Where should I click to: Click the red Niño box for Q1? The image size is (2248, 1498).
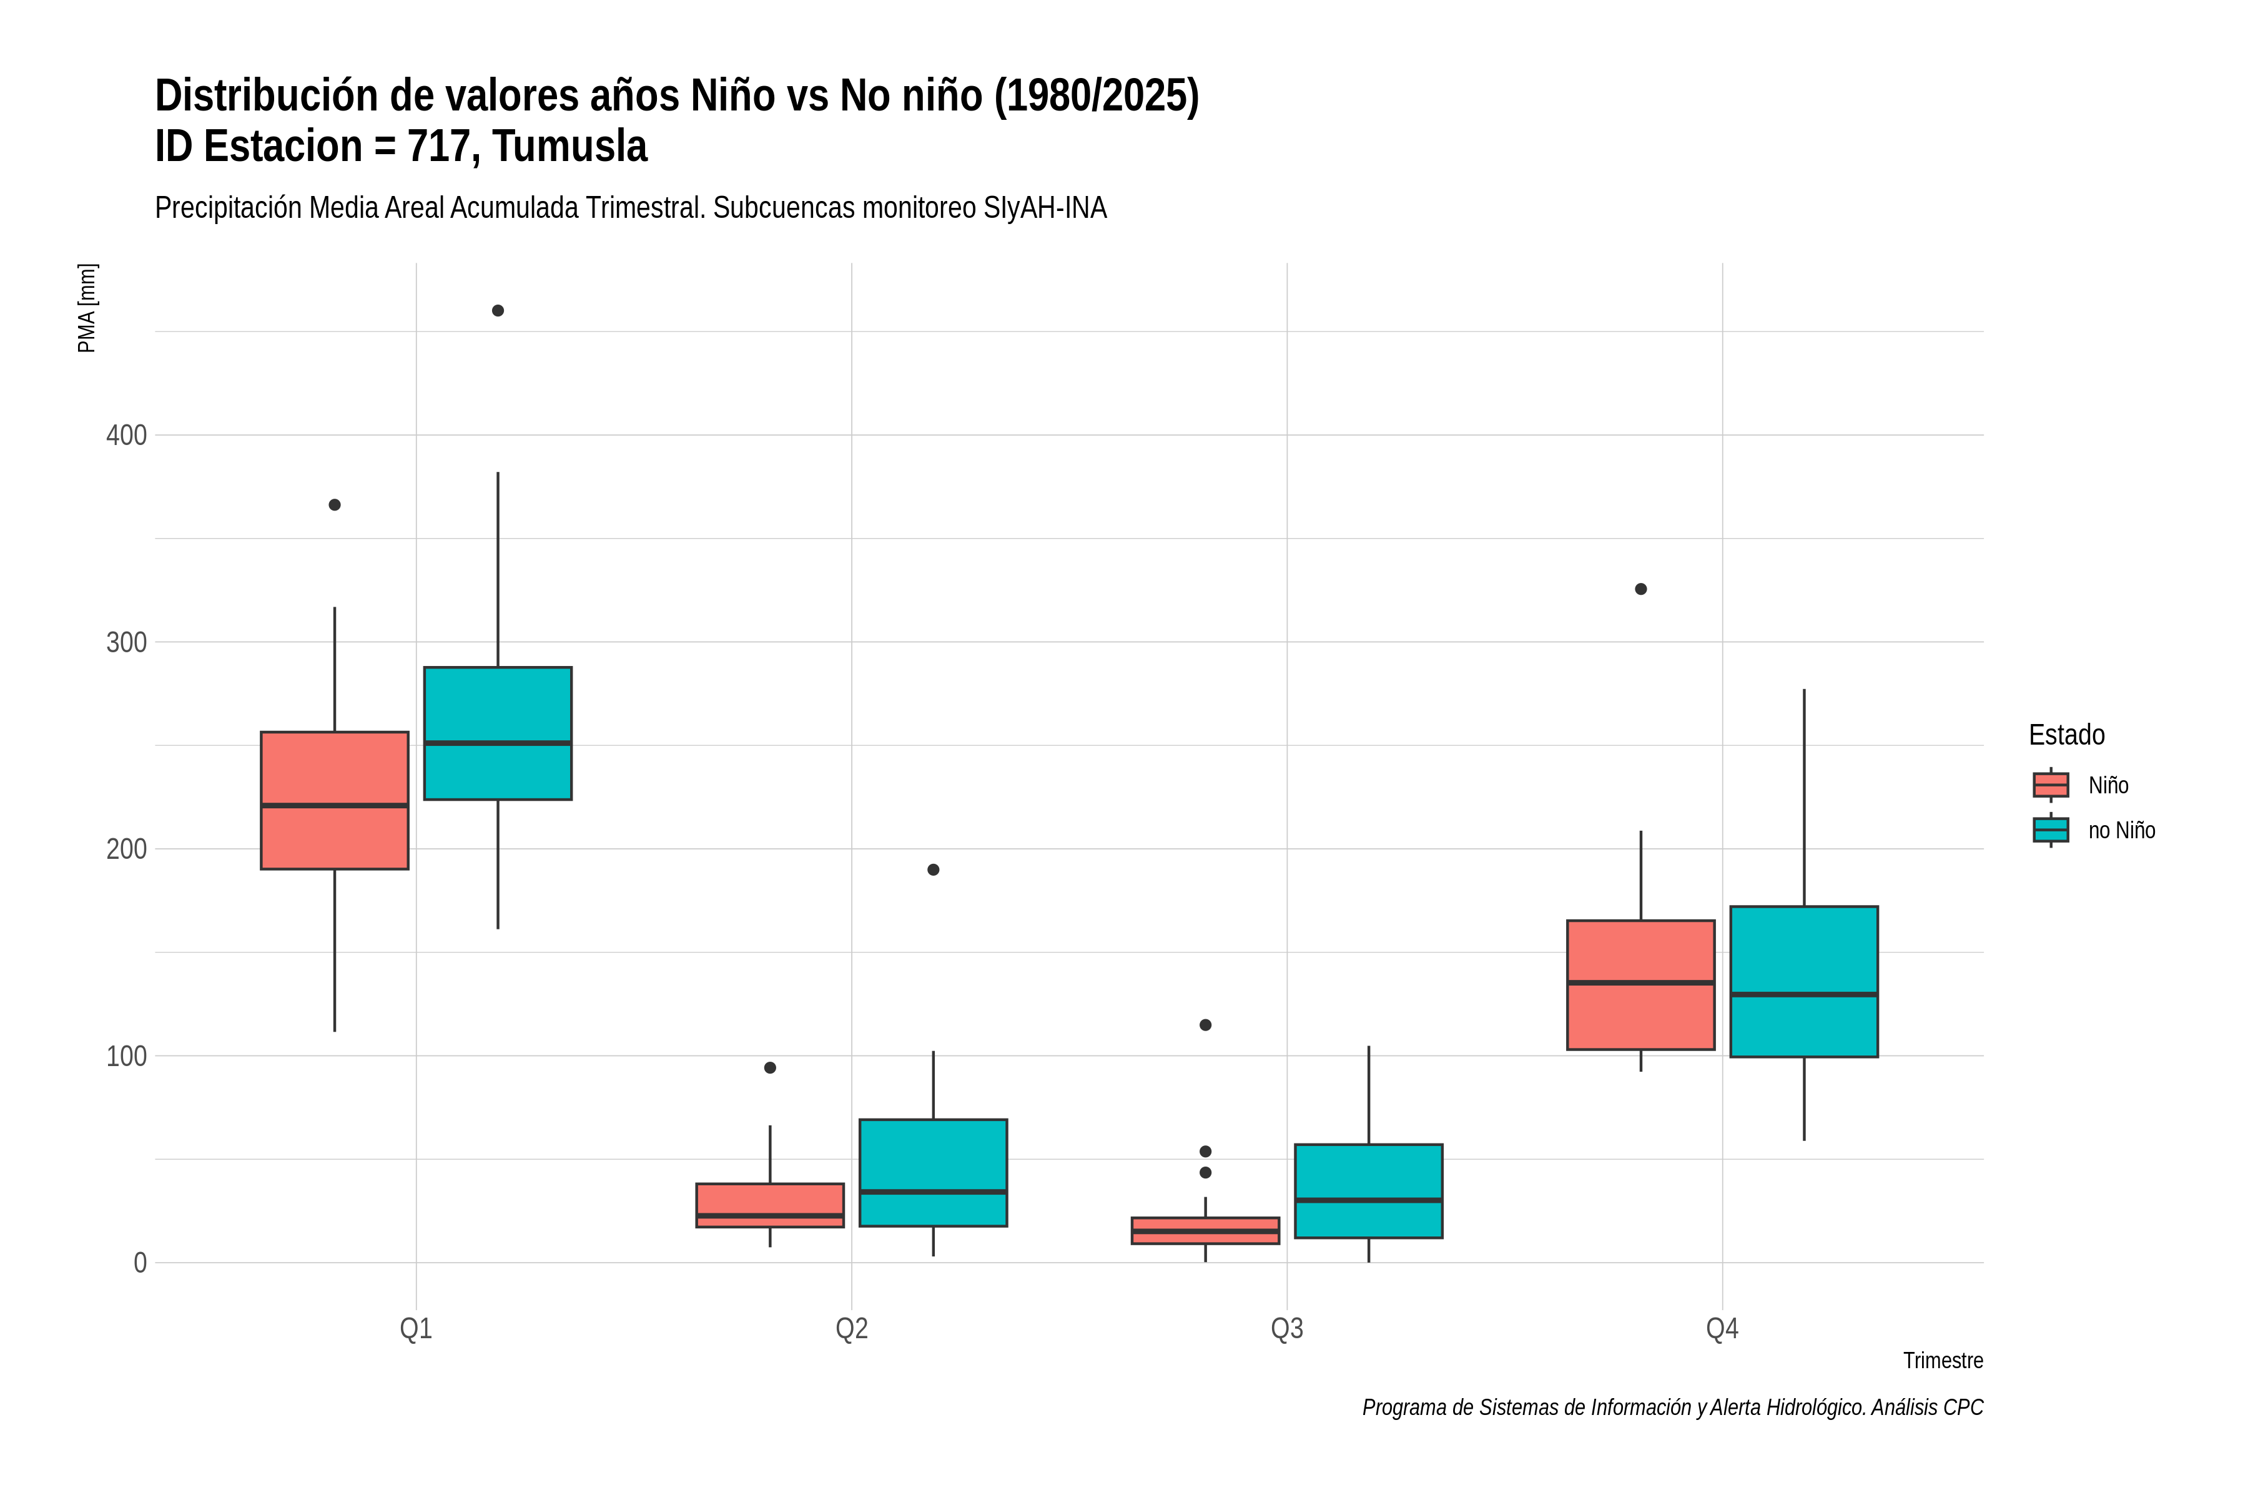pyautogui.click(x=335, y=801)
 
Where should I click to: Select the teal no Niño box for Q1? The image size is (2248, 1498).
pyautogui.click(x=498, y=733)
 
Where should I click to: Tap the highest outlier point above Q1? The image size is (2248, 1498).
pyautogui.click(x=498, y=310)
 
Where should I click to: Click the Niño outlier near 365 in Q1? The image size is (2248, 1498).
pyautogui.click(x=335, y=504)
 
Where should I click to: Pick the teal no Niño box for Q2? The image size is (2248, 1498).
pyautogui.click(x=933, y=1172)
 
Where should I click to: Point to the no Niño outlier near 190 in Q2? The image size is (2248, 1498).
pyautogui.click(x=934, y=869)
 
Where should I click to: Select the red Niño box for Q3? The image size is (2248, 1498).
pyautogui.click(x=1205, y=1230)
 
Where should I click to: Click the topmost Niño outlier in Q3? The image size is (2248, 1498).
pyautogui.click(x=1205, y=1025)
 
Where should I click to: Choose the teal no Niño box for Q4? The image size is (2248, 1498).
pyautogui.click(x=1803, y=981)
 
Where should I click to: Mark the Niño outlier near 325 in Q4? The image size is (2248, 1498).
pyautogui.click(x=1641, y=589)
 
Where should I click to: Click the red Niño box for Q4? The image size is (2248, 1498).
pyautogui.click(x=1641, y=985)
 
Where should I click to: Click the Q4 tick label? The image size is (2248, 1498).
pyautogui.click(x=1722, y=1329)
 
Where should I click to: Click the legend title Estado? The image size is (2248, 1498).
pyautogui.click(x=2066, y=735)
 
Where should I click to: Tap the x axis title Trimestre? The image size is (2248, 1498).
pyautogui.click(x=1943, y=1361)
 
